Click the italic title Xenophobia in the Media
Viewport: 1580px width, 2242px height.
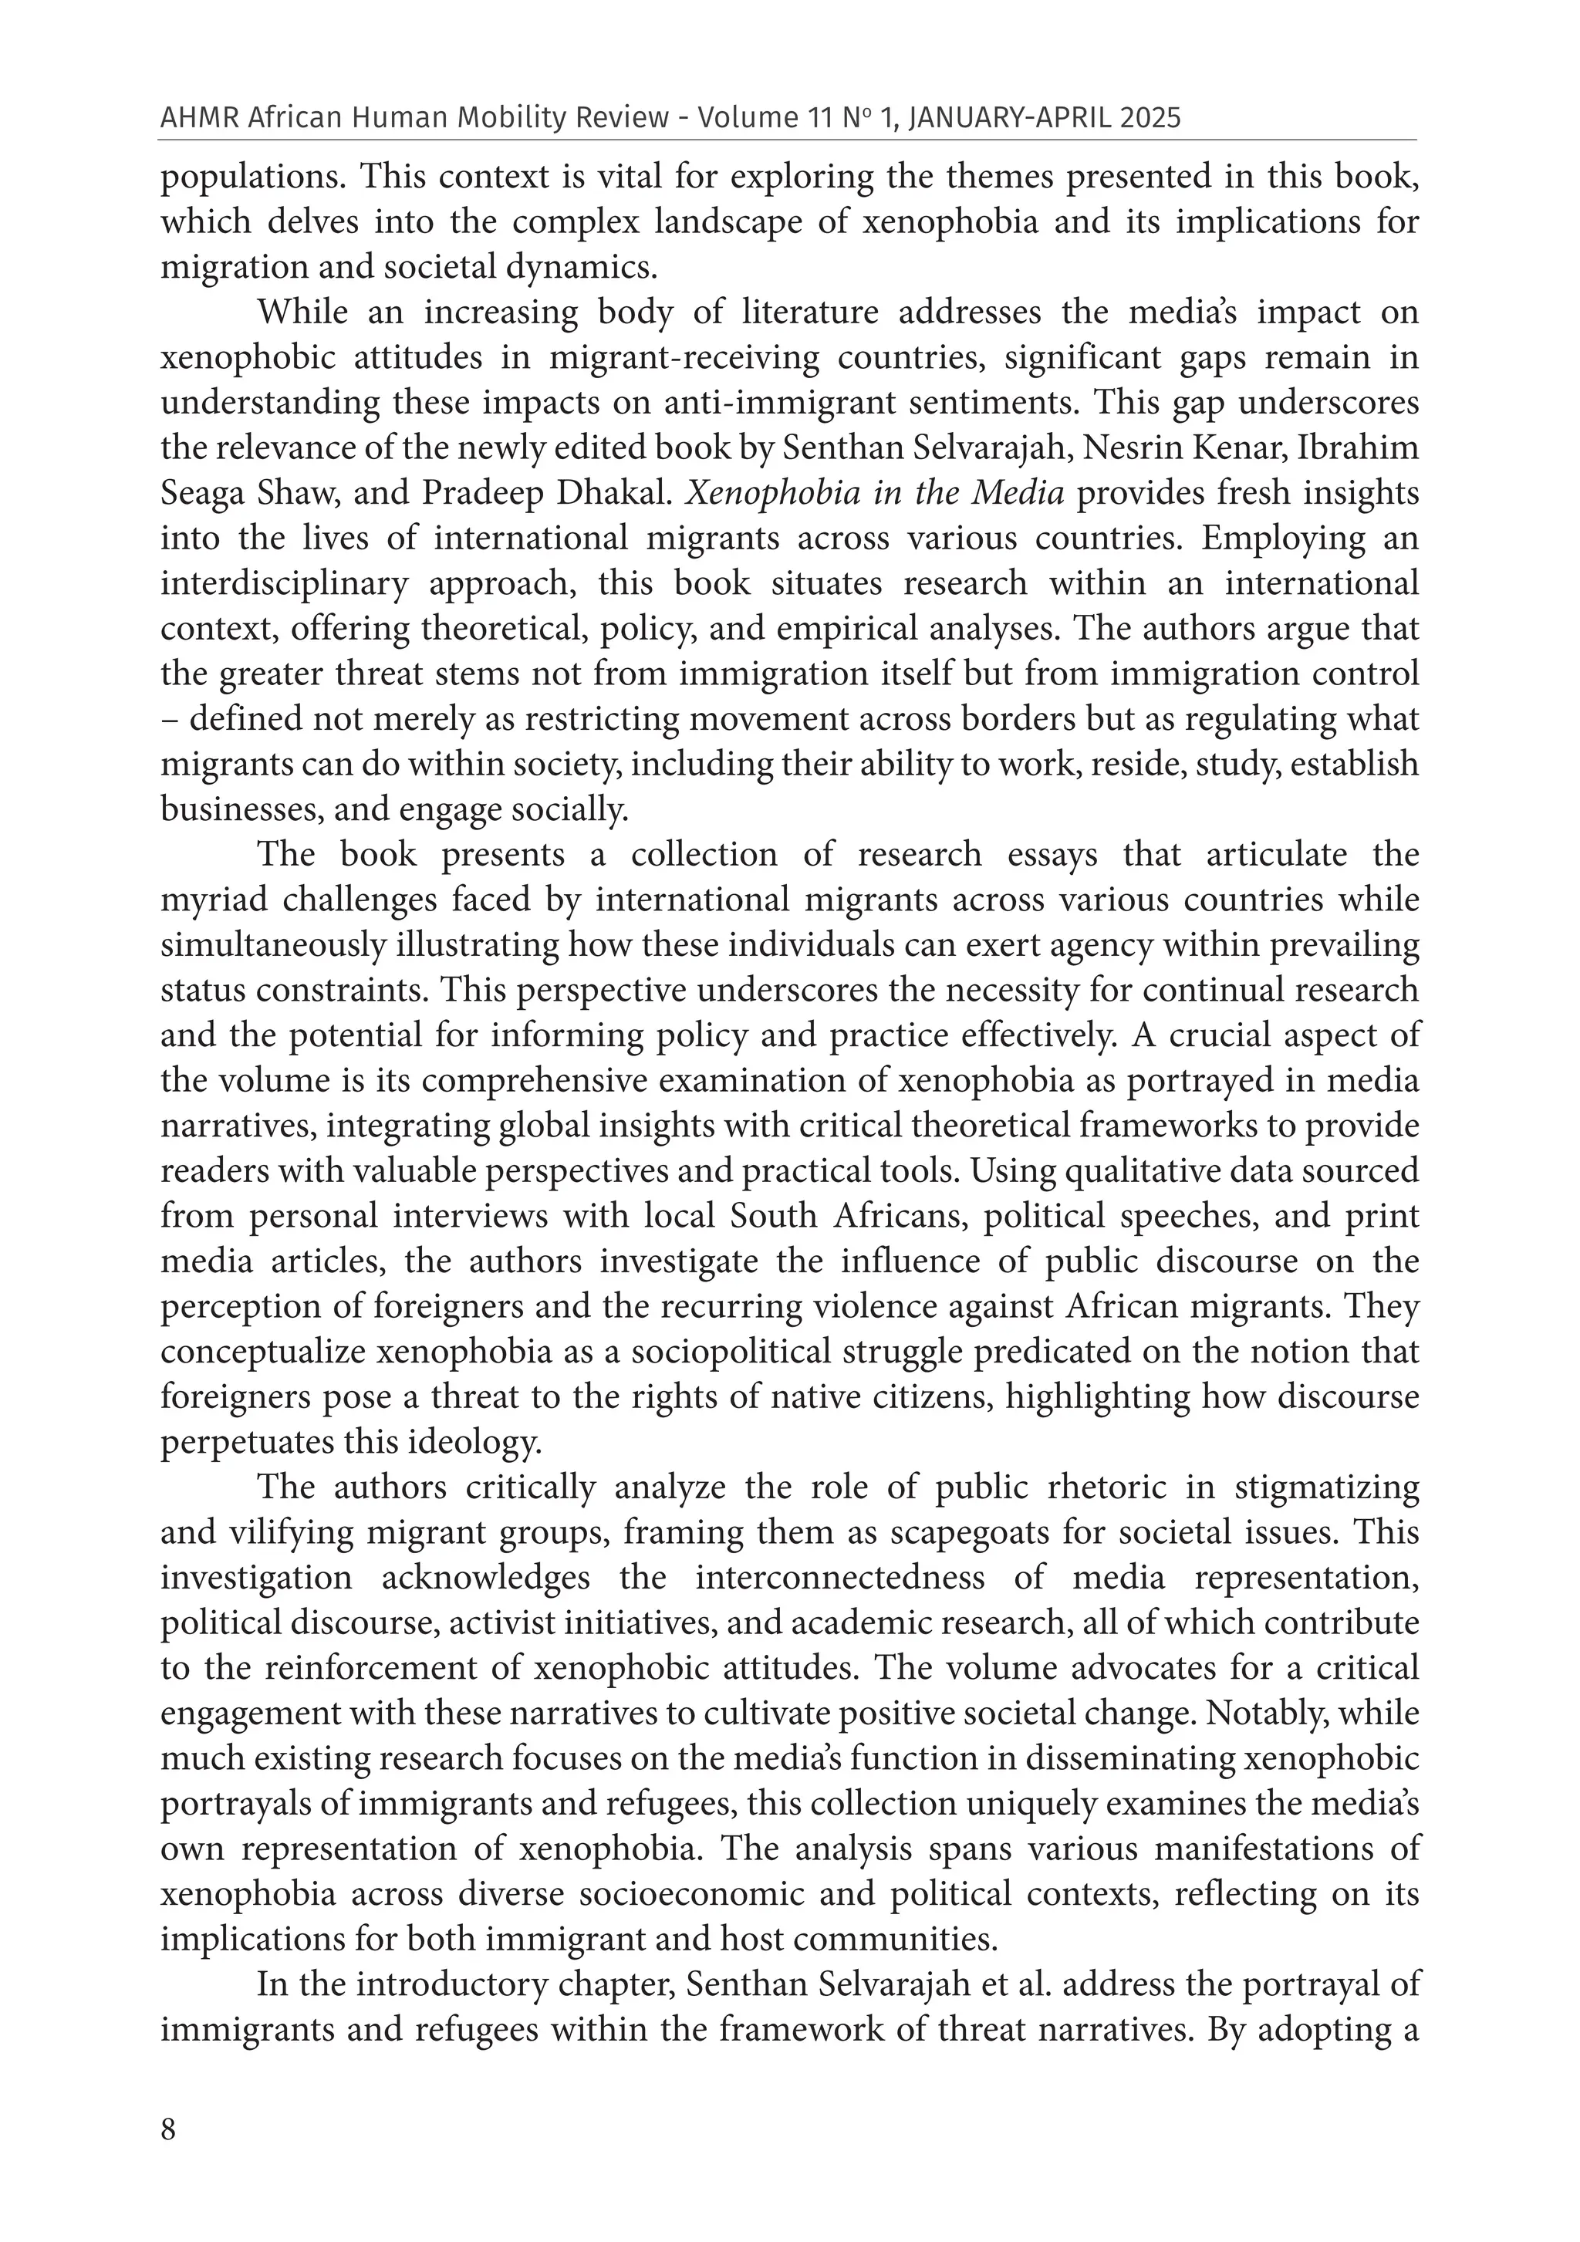[874, 493]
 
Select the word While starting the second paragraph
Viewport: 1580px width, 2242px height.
[302, 312]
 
